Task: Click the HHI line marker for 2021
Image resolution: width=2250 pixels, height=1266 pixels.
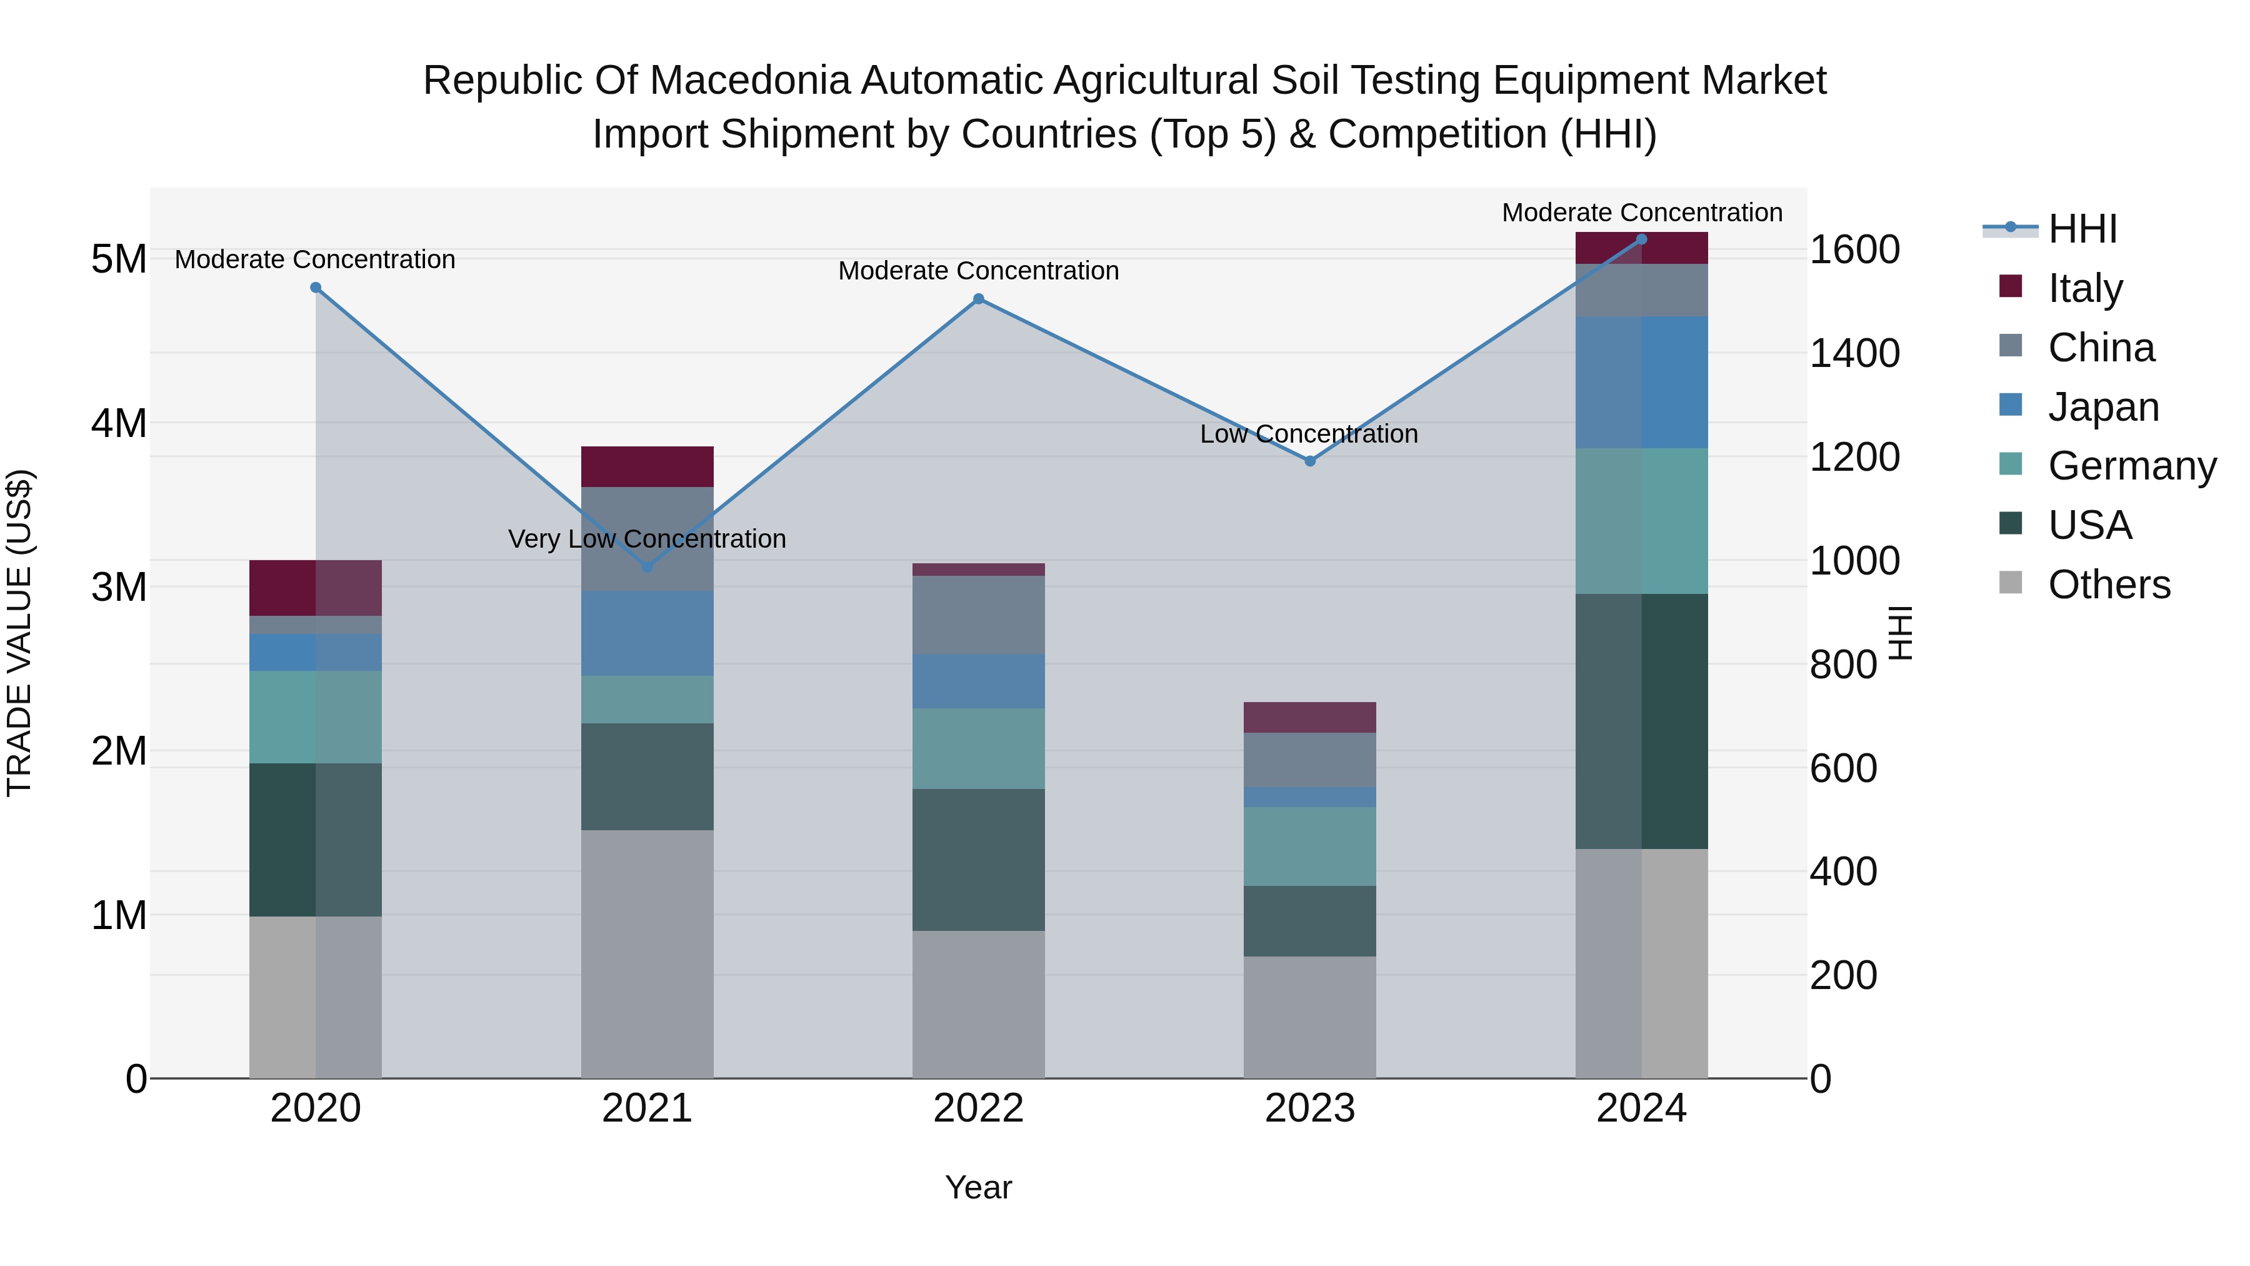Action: (x=647, y=567)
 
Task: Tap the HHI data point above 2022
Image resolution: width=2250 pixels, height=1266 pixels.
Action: (x=978, y=299)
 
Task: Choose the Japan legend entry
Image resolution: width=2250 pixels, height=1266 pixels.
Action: (x=2102, y=407)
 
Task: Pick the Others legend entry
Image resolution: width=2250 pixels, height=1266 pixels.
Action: (x=2109, y=585)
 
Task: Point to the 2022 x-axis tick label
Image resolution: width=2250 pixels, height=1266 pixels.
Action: (x=978, y=1108)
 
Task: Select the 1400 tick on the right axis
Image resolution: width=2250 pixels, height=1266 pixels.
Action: (x=1854, y=353)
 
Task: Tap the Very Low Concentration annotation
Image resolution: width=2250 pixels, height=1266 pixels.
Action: (x=647, y=539)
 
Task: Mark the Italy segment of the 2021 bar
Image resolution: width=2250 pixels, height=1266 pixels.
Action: (x=647, y=466)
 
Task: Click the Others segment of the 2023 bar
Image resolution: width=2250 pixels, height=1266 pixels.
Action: (x=1309, y=1017)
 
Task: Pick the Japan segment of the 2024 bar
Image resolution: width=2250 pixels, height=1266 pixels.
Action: (x=1641, y=383)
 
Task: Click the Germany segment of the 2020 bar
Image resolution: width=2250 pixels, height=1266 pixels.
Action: (x=316, y=717)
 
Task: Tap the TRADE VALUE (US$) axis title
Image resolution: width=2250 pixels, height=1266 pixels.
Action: (x=19, y=633)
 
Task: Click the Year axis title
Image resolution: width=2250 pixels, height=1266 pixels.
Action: (x=978, y=1187)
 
